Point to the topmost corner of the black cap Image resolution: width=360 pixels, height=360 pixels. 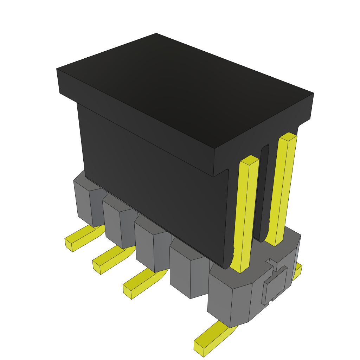point(156,34)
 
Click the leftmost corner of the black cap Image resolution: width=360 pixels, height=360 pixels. point(57,69)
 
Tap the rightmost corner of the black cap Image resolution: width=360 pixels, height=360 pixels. point(313,94)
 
